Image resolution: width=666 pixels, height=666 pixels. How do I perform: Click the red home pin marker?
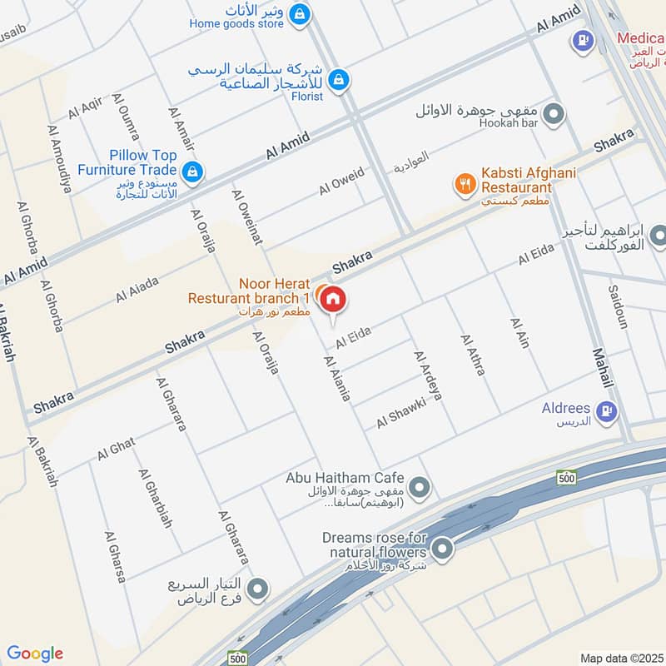[332, 298]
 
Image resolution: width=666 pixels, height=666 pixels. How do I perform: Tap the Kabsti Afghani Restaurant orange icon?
[465, 182]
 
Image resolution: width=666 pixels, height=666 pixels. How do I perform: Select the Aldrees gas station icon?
[607, 410]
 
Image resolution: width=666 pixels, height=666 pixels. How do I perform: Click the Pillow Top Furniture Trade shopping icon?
[193, 171]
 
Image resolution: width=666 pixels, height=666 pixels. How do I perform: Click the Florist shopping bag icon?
[337, 79]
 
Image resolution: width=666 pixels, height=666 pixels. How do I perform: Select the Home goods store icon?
[301, 14]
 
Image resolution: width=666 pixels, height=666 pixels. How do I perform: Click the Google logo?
[35, 654]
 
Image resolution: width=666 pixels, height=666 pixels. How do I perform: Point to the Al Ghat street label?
[116, 449]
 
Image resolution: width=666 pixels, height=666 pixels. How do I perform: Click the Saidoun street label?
[618, 306]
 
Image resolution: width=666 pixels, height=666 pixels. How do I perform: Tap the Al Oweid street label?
[341, 181]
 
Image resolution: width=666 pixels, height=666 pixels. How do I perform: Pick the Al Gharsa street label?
[114, 556]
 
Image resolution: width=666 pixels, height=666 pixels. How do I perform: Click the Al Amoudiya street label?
[59, 159]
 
